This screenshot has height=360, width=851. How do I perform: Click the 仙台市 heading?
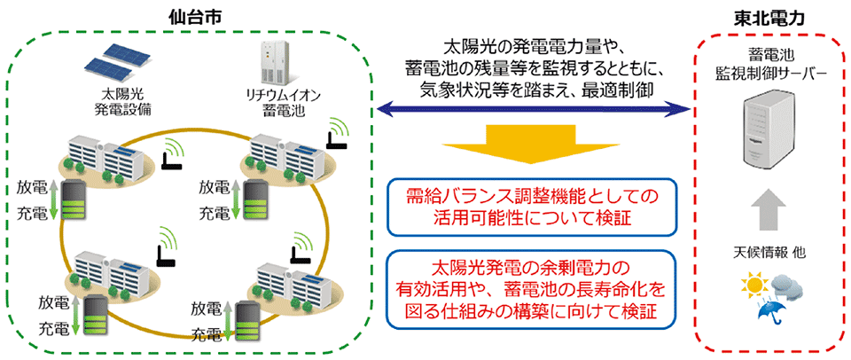pyautogui.click(x=197, y=18)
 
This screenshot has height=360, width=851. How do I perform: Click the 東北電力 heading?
pyautogui.click(x=772, y=18)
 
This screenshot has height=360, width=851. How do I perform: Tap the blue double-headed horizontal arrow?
pyautogui.click(x=534, y=109)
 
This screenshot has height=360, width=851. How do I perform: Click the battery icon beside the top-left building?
pyautogui.click(x=74, y=200)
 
